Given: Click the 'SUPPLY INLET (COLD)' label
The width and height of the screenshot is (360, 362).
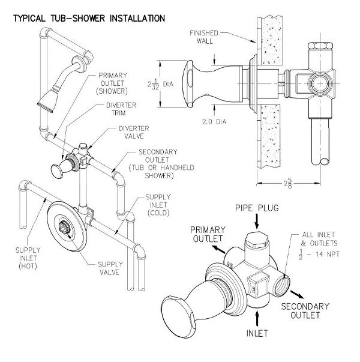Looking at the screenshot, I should pos(158,205).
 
